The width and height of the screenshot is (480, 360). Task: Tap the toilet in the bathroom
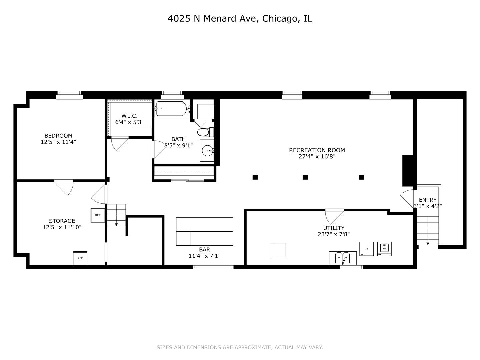203,132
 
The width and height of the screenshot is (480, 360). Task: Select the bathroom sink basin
207,151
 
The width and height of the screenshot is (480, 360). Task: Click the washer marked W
384,249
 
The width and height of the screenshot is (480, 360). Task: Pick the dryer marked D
367,249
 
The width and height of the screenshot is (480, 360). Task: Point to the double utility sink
342,258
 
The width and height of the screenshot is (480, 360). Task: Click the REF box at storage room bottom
80,258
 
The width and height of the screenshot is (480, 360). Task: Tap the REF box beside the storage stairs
98,215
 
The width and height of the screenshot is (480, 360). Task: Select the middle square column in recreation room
305,177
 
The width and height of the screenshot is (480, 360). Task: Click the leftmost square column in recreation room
255,177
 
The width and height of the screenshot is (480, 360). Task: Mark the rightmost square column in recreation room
362,177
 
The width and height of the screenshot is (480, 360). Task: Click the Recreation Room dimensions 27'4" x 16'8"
317,156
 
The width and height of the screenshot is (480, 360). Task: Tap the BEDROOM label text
58,136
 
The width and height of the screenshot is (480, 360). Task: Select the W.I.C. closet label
129,116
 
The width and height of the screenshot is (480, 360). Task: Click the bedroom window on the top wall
69,95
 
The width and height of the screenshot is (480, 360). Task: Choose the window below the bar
213,267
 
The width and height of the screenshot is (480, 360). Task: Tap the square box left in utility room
279,250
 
